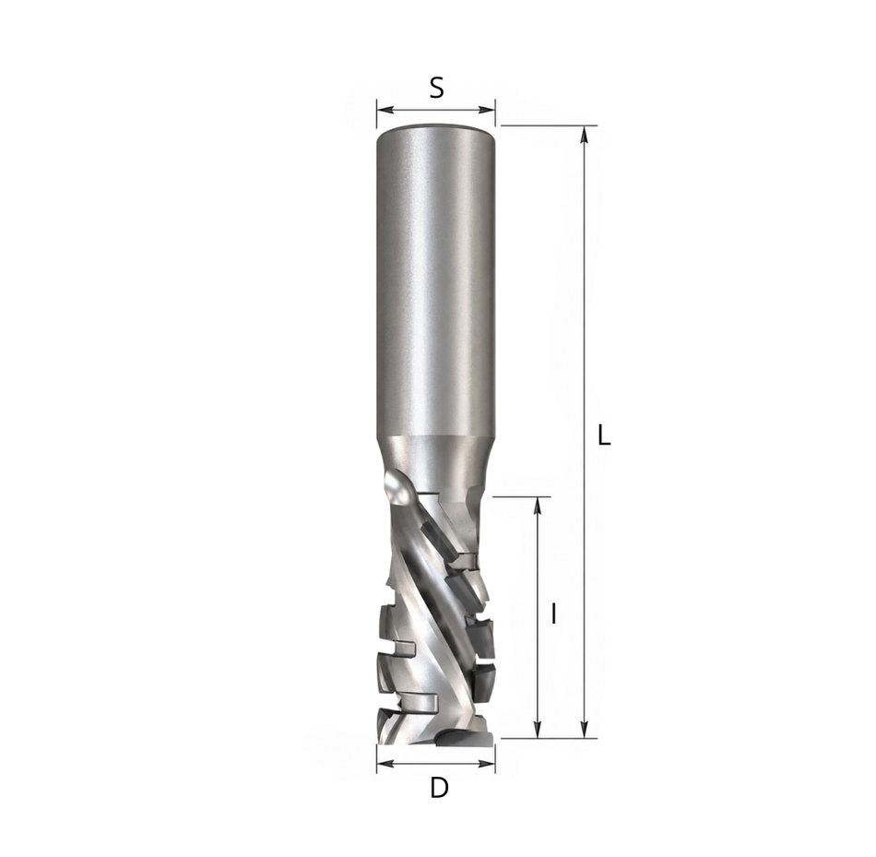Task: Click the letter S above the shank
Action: pyautogui.click(x=436, y=88)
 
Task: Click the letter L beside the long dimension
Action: pyautogui.click(x=604, y=434)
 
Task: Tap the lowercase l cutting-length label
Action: pyautogui.click(x=553, y=613)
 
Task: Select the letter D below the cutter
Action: pyautogui.click(x=439, y=788)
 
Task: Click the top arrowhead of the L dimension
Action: pyautogui.click(x=585, y=134)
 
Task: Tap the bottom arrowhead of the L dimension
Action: pyautogui.click(x=585, y=730)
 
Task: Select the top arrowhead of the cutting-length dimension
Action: pyautogui.click(x=538, y=505)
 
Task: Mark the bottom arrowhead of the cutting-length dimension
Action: pyautogui.click(x=538, y=730)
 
